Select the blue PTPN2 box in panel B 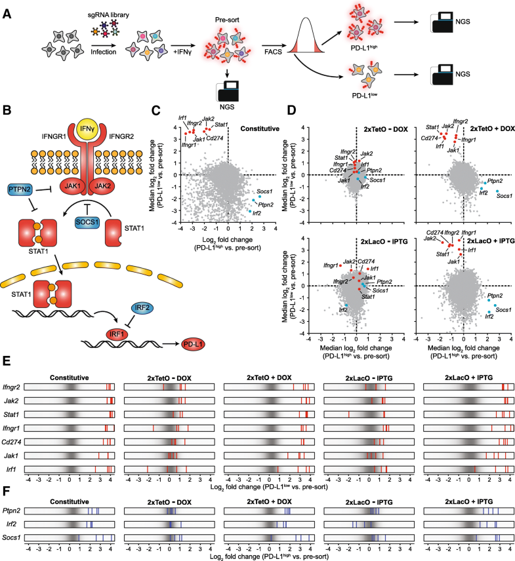coord(22,190)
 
